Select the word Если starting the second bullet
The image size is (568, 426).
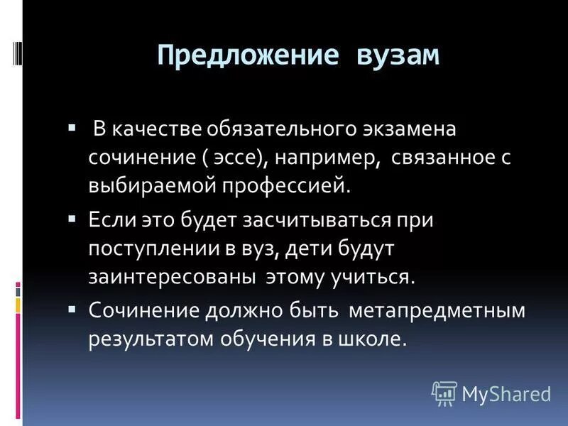(x=108, y=221)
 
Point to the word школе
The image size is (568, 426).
(x=376, y=339)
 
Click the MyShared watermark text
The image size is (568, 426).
(x=506, y=393)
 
